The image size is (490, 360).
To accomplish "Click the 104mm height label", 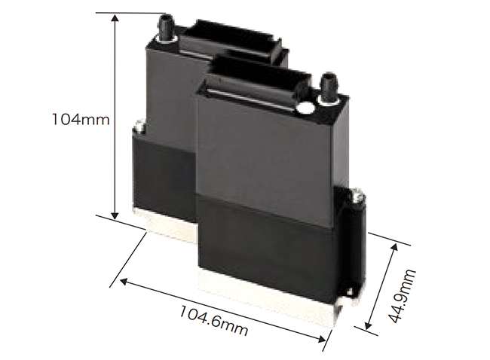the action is coord(81,120).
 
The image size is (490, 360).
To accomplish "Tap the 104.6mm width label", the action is coord(214,320).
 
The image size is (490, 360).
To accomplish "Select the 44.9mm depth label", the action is coord(403,296).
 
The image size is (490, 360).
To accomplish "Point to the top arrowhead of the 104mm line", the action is coord(115,18).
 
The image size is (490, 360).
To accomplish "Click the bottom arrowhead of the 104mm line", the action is coord(115,215).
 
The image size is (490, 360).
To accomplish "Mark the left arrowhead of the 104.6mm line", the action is coord(124,282).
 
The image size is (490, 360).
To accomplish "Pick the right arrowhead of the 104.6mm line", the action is coord(321,338).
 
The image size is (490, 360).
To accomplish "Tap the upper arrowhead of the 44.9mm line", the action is coord(394,248).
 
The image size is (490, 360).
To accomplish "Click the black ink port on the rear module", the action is coord(166,27).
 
